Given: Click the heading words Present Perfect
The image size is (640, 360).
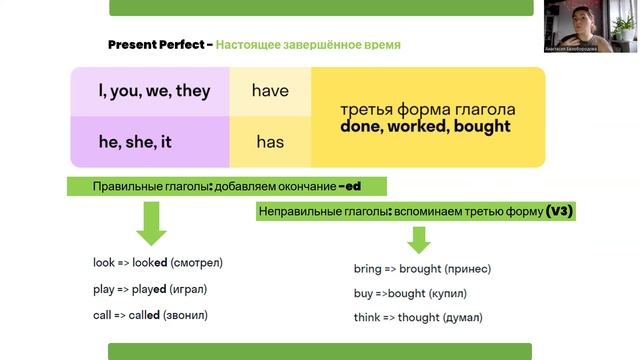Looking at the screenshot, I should tap(154, 45).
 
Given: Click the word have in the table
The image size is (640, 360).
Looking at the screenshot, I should tap(270, 91).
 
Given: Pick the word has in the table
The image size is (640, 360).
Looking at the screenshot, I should tap(270, 142).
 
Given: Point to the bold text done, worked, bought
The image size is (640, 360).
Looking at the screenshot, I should tap(425, 127).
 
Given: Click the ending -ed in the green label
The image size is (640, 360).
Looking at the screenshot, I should tap(348, 187).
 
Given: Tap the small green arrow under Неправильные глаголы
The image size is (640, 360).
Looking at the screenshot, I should tap(418, 240).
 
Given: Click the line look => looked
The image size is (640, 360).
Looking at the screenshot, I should tap(157, 263).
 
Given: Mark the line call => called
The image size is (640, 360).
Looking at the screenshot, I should tap(155, 315).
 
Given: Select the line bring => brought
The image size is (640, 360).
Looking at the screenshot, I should tap(422, 269).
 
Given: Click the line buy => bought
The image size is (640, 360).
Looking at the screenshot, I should tap(410, 294).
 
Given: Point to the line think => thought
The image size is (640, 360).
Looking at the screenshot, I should tap(418, 318).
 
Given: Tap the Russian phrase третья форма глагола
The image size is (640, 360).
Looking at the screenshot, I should tap(427, 109).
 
